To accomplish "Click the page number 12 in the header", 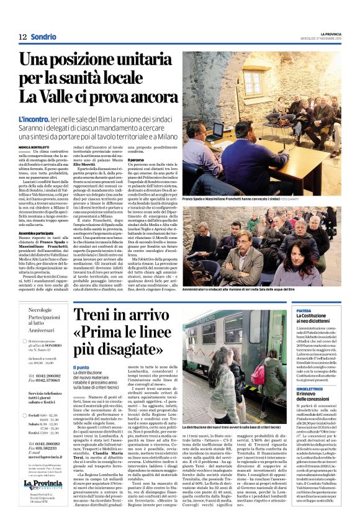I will coord(22,37).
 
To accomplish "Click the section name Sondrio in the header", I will coord(43,37).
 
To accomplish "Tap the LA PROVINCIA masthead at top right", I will coord(323,33).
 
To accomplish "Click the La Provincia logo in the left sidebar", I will coord(43,485).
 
